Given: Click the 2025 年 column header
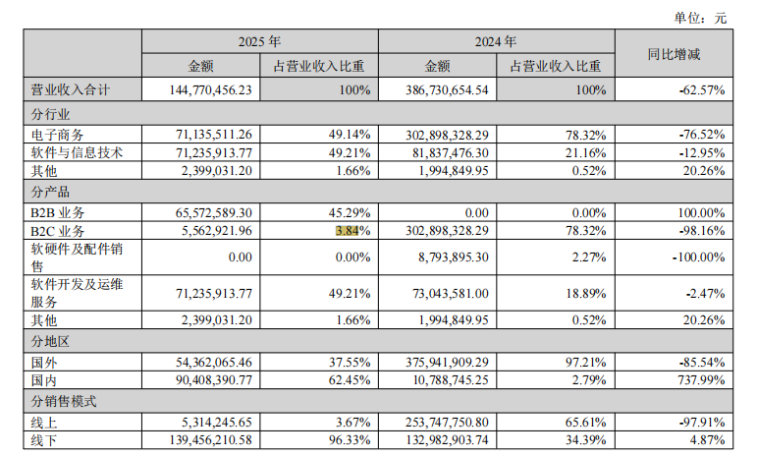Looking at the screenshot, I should (x=260, y=42).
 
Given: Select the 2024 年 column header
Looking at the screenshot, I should (x=496, y=42).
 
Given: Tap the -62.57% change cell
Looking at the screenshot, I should (x=701, y=89).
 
